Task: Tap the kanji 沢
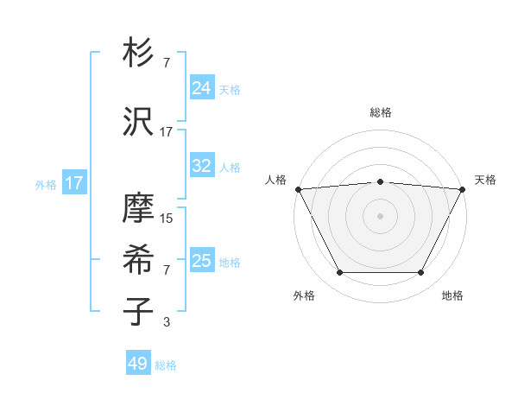point(138,122)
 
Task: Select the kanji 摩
point(138,211)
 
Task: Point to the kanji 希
point(138,260)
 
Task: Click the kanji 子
point(138,311)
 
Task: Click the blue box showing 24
point(202,88)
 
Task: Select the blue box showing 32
point(202,166)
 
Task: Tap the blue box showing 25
point(202,261)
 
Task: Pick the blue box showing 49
point(138,364)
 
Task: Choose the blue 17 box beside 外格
point(73,183)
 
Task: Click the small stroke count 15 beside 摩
point(167,219)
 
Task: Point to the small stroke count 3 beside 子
point(167,322)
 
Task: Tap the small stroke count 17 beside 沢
point(167,132)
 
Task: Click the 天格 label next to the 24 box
point(230,90)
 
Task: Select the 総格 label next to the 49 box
point(166,365)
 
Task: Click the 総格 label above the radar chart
point(381,112)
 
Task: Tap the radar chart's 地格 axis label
point(452,296)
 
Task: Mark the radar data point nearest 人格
point(298,188)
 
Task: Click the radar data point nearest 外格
point(339,273)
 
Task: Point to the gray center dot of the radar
point(381,215)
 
